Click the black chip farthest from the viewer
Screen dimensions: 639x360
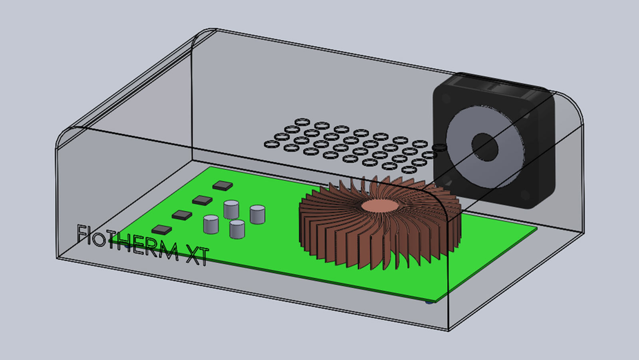(x=222, y=186)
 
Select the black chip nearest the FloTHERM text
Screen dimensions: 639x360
(x=162, y=230)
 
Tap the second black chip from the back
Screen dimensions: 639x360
(x=202, y=200)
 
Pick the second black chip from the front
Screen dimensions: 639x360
(x=182, y=215)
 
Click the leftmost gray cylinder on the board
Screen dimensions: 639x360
(x=211, y=224)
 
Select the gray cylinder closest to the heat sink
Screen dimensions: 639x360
(x=257, y=214)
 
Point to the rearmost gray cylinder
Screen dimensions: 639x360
(x=231, y=210)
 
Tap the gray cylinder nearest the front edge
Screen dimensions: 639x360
(x=237, y=229)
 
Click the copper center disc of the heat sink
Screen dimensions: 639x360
(x=380, y=205)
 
